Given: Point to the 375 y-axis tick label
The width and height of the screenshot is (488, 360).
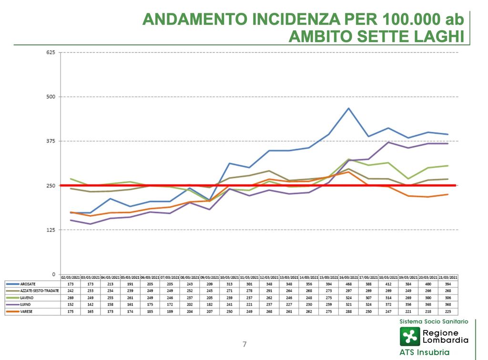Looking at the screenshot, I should point(51,141).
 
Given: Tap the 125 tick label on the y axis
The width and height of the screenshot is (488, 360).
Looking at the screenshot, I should point(51,230).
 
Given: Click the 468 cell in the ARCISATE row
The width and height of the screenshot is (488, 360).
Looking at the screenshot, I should point(348,284).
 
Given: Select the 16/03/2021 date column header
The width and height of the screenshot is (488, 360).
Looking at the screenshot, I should point(348,277).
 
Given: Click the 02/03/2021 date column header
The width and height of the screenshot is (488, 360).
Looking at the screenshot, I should point(71,277).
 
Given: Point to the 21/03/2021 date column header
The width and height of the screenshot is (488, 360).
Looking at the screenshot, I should point(448,277).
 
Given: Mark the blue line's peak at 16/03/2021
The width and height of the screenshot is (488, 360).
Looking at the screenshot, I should point(348,108).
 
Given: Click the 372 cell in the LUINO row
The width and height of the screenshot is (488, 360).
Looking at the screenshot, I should point(388,304).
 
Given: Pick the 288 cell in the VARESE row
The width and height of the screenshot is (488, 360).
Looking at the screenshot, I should point(348,311).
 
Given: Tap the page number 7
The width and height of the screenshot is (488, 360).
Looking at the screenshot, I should point(244,344).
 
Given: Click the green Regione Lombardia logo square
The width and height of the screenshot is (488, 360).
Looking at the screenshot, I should point(409,337).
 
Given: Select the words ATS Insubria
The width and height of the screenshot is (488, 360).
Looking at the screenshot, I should point(424,352).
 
